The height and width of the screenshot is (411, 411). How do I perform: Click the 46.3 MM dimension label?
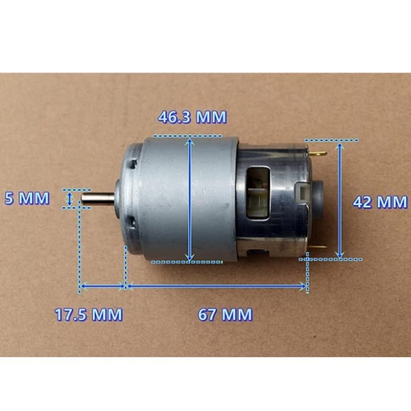tap(192, 117)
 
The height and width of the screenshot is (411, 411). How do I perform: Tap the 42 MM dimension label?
tap(380, 202)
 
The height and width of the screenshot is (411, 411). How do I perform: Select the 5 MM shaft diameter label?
tap(27, 198)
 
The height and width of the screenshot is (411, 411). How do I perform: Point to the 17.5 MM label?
tap(89, 314)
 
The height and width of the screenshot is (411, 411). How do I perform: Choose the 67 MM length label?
tap(225, 314)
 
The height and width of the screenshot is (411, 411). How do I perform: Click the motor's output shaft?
tap(98, 199)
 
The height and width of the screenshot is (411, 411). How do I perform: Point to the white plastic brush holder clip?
tap(302, 195)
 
